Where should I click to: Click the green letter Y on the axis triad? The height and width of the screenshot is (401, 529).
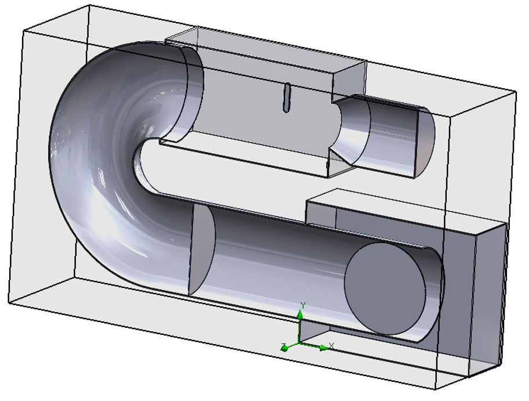pos(303,305)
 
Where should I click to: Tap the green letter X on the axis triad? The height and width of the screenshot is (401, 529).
pos(331,345)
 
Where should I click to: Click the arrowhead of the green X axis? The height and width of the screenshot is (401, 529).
pos(323,348)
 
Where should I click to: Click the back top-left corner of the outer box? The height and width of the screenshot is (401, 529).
pos(88,5)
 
